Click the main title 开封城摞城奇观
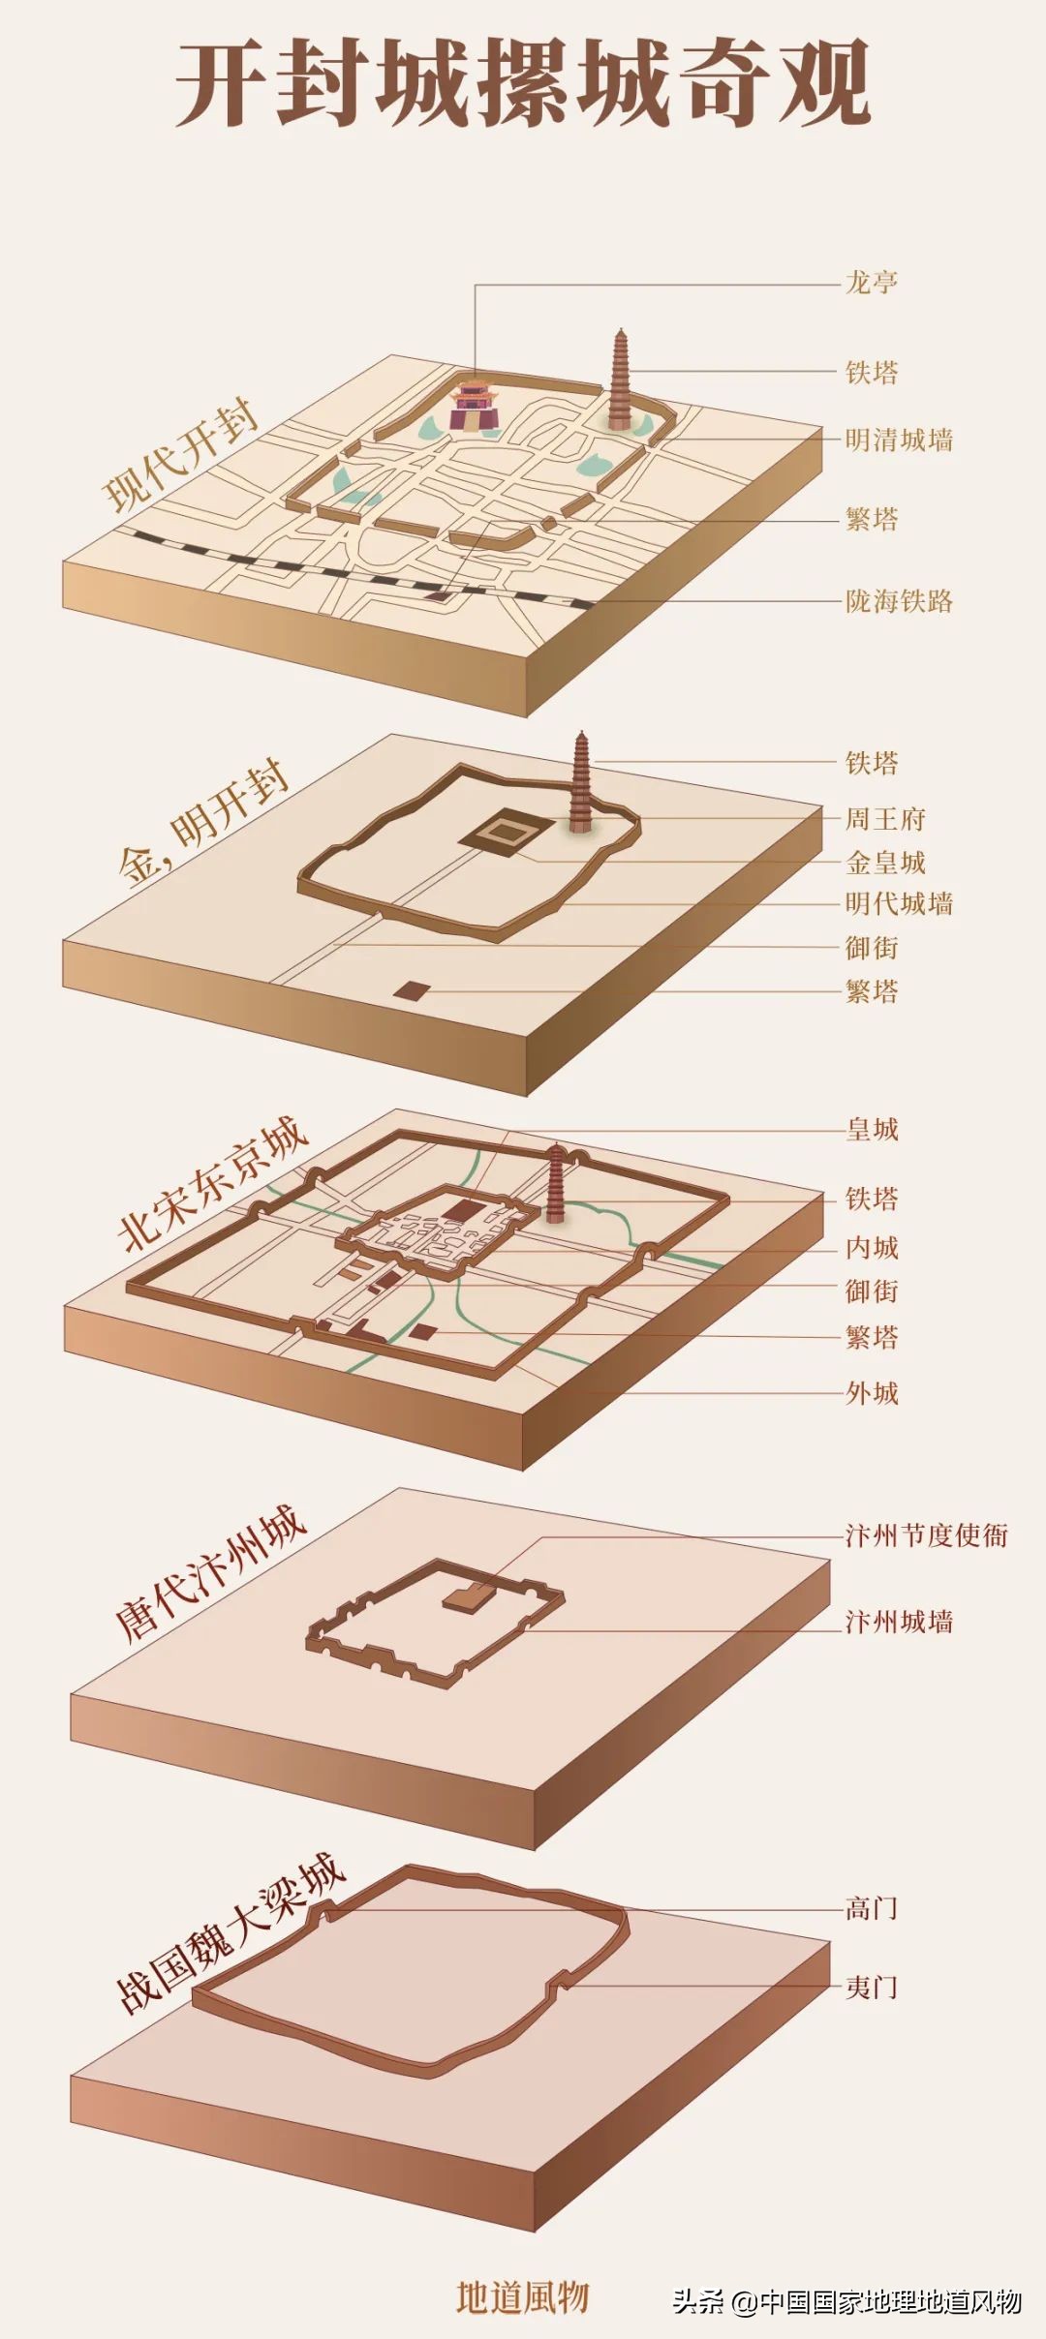coord(523,84)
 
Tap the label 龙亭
coord(872,283)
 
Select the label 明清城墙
coord(899,440)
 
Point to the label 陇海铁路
coord(899,601)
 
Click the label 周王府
coord(885,819)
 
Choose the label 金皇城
coord(885,863)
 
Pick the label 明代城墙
coord(899,904)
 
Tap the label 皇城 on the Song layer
coord(872,1130)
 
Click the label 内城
coord(872,1248)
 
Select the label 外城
coord(872,1393)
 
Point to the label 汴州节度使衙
coord(926,1536)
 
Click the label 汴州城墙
coord(899,1622)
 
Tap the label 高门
coord(872,1908)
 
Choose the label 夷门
coord(872,1988)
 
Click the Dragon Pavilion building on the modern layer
coord(475,405)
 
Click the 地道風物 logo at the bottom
coord(523,2296)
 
